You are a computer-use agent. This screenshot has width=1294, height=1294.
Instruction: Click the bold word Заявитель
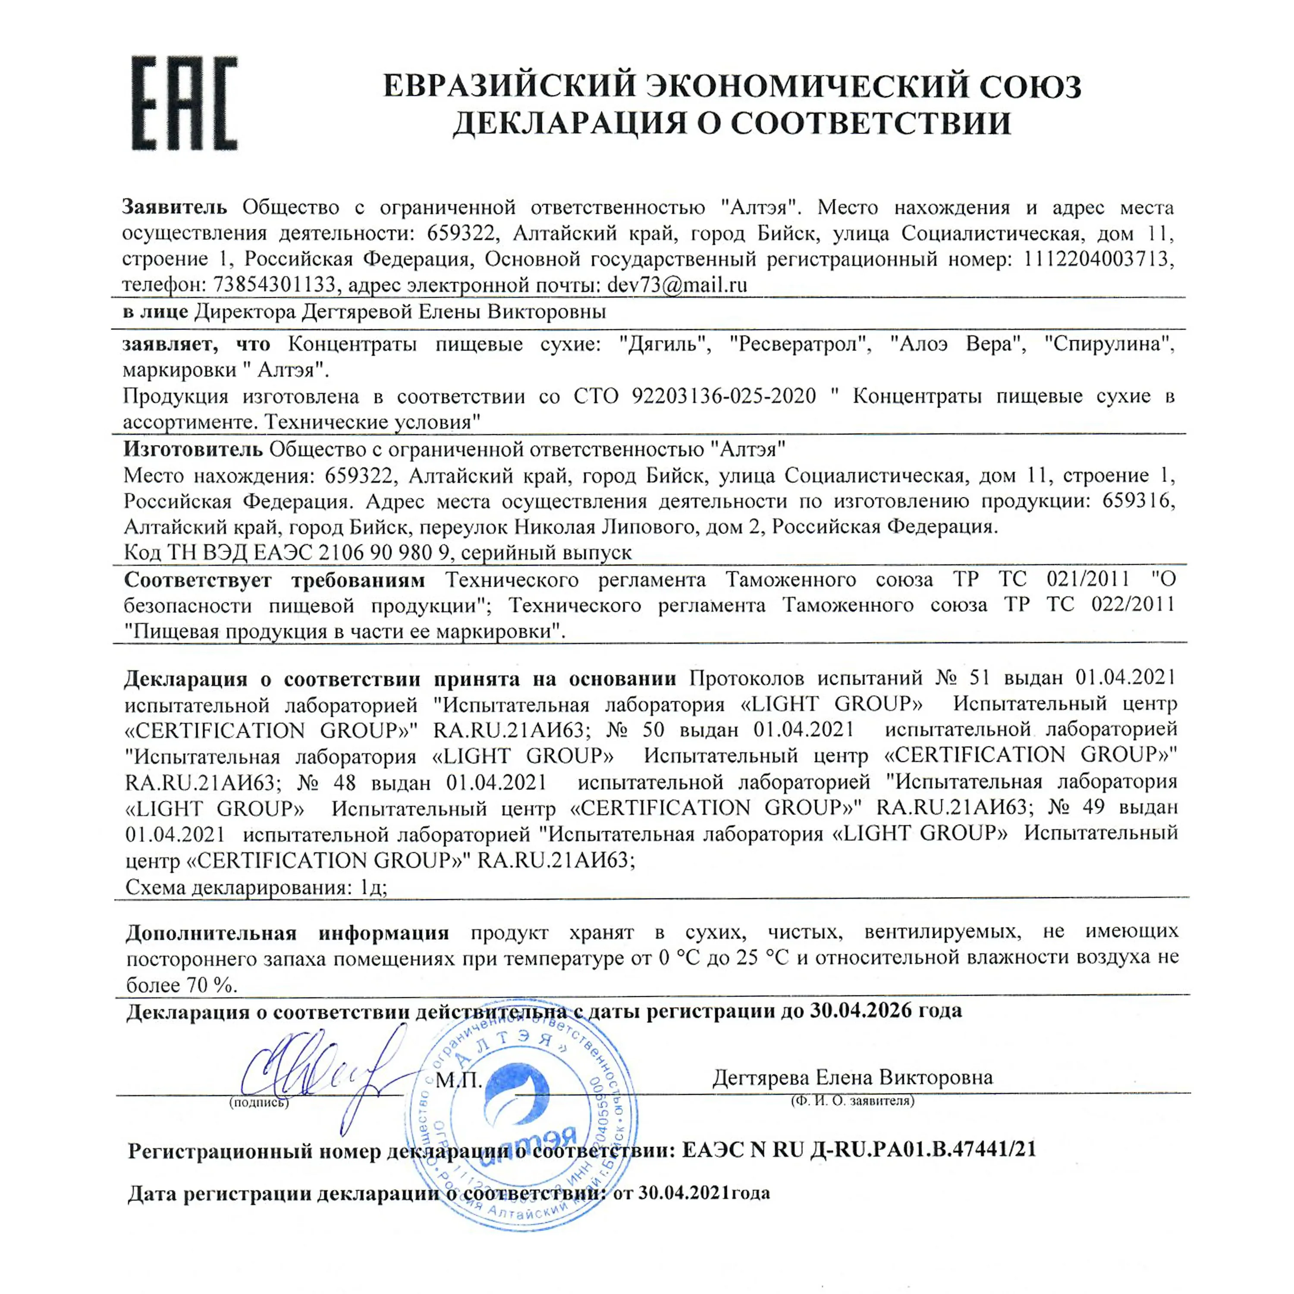(x=174, y=207)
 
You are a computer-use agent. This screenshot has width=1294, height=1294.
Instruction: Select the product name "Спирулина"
(x=1109, y=344)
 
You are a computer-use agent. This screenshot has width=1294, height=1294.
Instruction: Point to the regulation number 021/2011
(x=1088, y=579)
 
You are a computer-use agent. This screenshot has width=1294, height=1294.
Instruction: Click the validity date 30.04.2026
(x=861, y=1009)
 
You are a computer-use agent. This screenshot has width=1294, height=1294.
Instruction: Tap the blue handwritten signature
(x=321, y=1071)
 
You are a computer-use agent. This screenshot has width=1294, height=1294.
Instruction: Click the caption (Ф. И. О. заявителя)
(x=852, y=1100)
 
